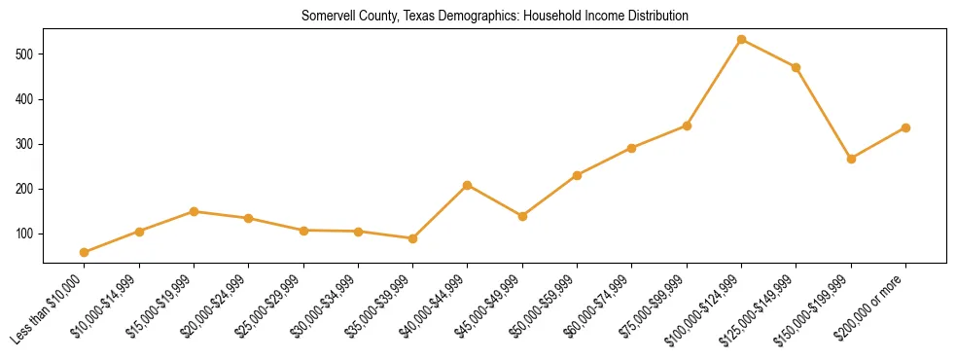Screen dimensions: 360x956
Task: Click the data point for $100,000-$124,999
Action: pos(742,39)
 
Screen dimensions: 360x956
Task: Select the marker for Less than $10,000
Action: pos(85,252)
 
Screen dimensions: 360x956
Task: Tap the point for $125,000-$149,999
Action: pos(797,67)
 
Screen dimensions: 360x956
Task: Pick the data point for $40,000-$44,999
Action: pos(468,185)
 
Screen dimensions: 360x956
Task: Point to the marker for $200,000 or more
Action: pos(906,127)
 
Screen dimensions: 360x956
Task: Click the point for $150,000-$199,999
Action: pos(852,159)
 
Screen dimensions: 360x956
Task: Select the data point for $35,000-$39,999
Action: pos(413,238)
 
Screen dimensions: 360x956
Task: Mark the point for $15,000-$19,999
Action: pos(195,211)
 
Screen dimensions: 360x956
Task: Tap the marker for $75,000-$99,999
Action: pos(687,126)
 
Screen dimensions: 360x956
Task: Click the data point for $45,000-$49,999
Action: pos(523,216)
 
